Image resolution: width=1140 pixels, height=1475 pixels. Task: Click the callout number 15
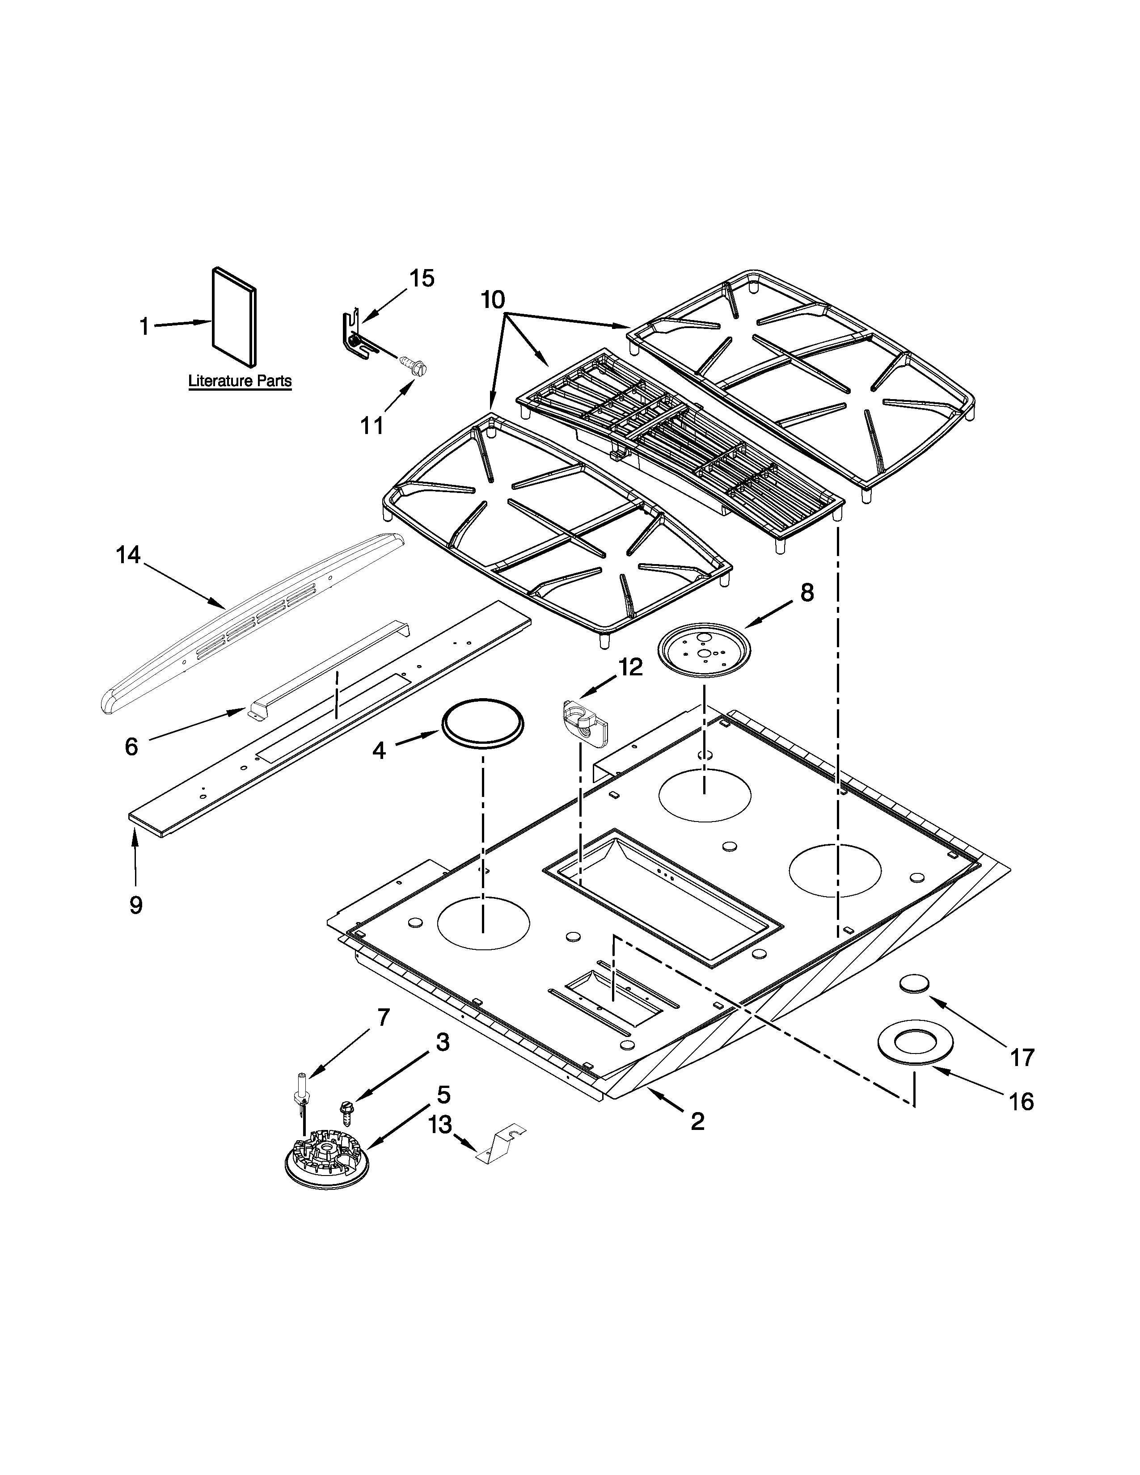[x=422, y=278]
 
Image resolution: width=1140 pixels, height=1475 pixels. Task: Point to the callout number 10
[x=493, y=299]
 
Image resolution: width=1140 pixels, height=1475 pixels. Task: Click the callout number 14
[x=128, y=555]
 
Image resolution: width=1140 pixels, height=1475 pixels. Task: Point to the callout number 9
[x=136, y=905]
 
